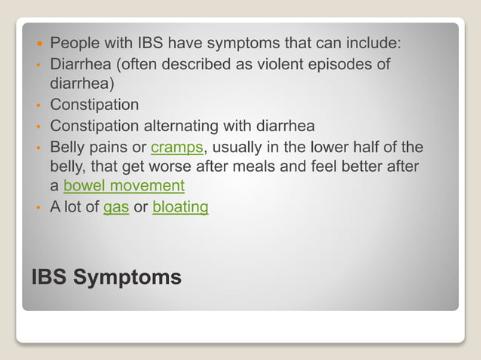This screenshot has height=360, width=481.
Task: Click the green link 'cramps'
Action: point(177,146)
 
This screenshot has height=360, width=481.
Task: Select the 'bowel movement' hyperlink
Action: point(124,185)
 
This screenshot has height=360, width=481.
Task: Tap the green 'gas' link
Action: point(116,206)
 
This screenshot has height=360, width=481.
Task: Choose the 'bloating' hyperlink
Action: point(180,206)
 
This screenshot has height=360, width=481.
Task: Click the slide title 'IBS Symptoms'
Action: point(106,277)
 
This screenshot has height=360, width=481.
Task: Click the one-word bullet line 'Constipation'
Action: point(94,104)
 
